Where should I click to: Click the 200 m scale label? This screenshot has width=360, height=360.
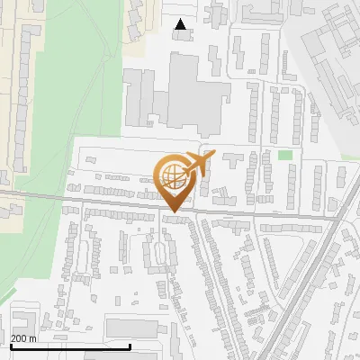[23, 338]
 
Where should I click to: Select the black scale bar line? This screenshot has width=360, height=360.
[70, 346]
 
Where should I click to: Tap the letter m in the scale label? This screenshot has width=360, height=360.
[33, 338]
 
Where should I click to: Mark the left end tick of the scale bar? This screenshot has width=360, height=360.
[11, 345]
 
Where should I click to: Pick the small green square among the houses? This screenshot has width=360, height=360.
[285, 156]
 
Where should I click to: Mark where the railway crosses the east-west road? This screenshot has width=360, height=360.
[336, 219]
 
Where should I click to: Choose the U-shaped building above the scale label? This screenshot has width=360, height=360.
[24, 320]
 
